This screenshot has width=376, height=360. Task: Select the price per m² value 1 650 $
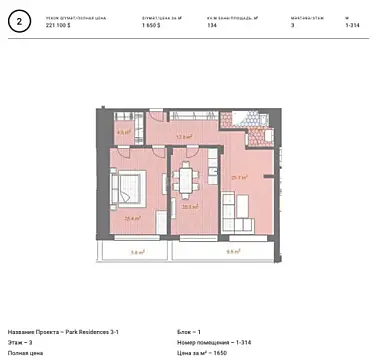pyautogui.click(x=155, y=25)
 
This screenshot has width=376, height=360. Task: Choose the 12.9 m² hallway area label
pyautogui.click(x=183, y=138)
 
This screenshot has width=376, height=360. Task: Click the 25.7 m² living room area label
pyautogui.click(x=239, y=177)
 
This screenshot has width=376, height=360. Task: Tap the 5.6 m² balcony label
pyautogui.click(x=136, y=252)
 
